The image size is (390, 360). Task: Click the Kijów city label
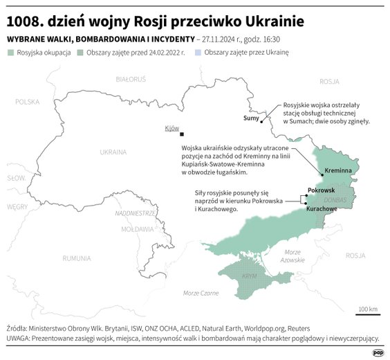(x=172, y=128)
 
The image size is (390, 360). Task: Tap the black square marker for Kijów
(x=182, y=134)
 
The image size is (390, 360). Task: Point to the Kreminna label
(x=338, y=170)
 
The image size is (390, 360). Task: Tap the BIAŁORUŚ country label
(x=131, y=80)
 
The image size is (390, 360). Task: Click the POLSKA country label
(x=28, y=102)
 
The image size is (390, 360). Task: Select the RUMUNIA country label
(x=76, y=258)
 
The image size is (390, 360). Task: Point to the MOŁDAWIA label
(x=137, y=228)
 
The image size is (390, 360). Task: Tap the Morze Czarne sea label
(x=201, y=294)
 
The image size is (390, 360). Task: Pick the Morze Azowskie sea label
(x=293, y=255)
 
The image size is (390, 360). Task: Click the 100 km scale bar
(x=368, y=314)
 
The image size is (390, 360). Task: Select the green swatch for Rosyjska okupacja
(x=11, y=53)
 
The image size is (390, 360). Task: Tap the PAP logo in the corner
(x=377, y=352)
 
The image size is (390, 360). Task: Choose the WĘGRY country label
(x=17, y=206)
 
